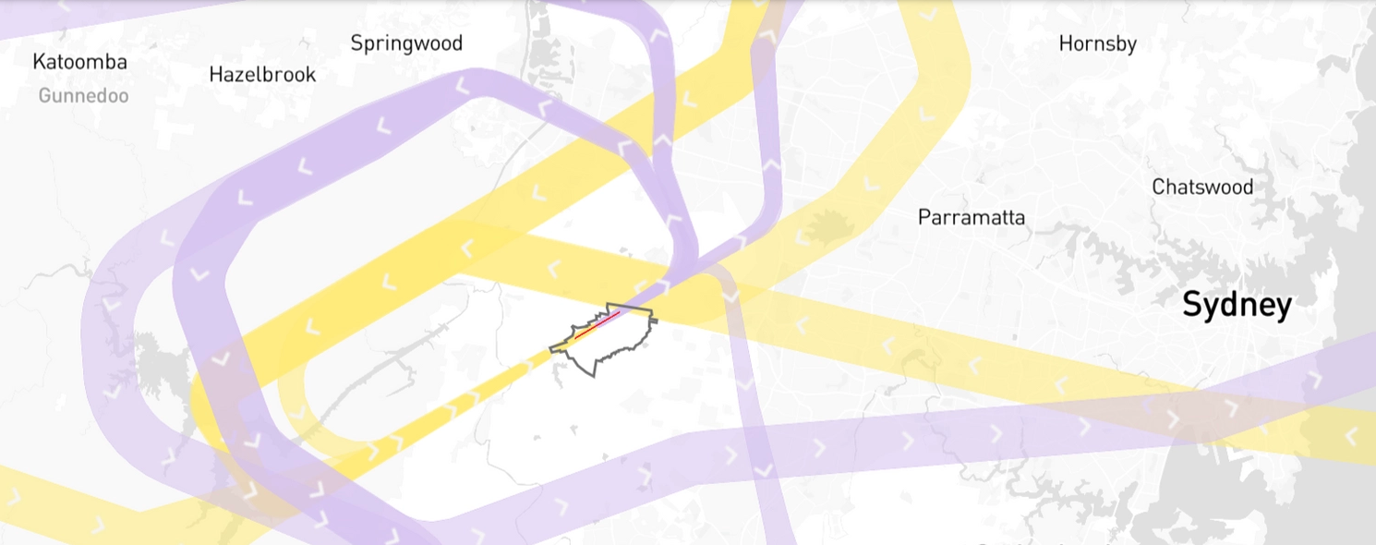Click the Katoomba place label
[x=79, y=62]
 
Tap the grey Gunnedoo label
[x=83, y=95]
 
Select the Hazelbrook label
[x=262, y=74]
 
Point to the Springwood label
[x=406, y=43]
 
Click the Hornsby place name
[x=1097, y=43]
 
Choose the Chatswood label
[x=1202, y=187]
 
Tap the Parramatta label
[x=971, y=218]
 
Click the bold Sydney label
[x=1237, y=305]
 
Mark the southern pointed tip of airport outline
[x=594, y=376]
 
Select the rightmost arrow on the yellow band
[x=1352, y=434]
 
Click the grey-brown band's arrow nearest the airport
[x=730, y=296]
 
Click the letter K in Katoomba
[x=39, y=62]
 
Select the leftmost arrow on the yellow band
[x=14, y=496]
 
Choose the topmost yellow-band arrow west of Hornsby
[x=927, y=13]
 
